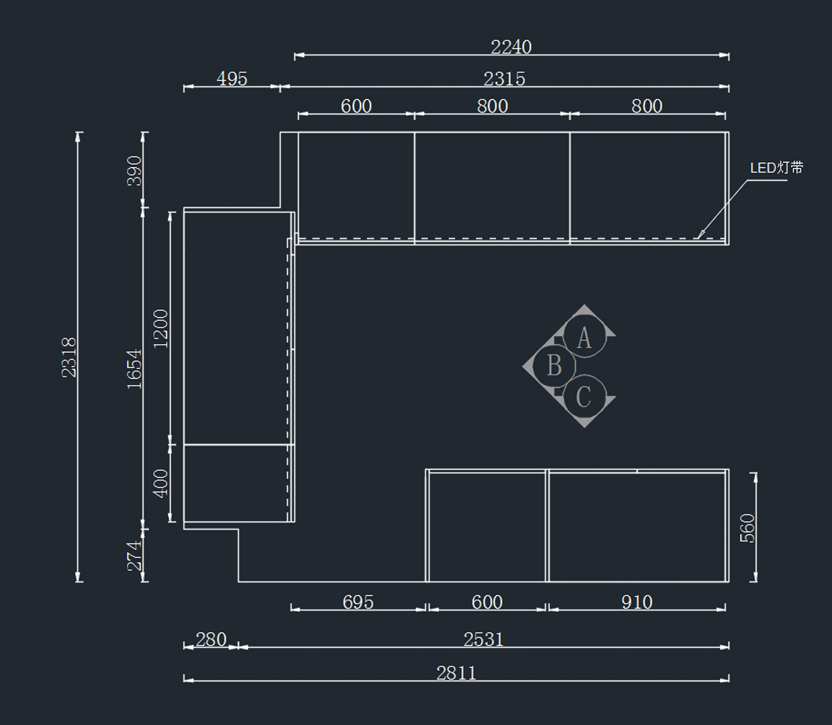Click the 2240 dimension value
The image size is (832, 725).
pyautogui.click(x=511, y=47)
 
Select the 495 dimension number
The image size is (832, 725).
pyautogui.click(x=232, y=78)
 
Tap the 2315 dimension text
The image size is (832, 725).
pyautogui.click(x=504, y=78)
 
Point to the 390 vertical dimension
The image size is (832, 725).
pyautogui.click(x=135, y=171)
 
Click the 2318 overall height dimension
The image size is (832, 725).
pyautogui.click(x=69, y=357)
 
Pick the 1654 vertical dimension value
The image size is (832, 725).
pyautogui.click(x=135, y=368)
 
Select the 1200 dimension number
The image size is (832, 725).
pyautogui.click(x=161, y=329)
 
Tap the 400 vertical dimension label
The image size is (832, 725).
pyautogui.click(x=161, y=484)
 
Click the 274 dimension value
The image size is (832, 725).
pyautogui.click(x=135, y=556)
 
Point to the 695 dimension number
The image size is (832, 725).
pyautogui.click(x=358, y=602)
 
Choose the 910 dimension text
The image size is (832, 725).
pyautogui.click(x=636, y=602)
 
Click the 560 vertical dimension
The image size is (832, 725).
pyautogui.click(x=747, y=528)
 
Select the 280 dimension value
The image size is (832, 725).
pyautogui.click(x=211, y=639)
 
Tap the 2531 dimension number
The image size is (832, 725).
pyautogui.click(x=483, y=639)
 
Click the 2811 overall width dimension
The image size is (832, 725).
pyautogui.click(x=456, y=673)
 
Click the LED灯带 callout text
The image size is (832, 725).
pyautogui.click(x=777, y=168)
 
